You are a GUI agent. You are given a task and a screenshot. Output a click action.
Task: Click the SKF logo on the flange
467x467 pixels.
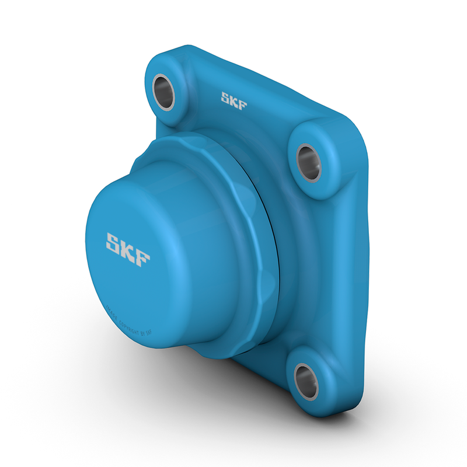(233, 100)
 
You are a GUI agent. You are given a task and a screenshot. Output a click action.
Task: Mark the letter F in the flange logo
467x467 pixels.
(242, 104)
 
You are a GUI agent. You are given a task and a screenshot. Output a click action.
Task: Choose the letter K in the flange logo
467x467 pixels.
(233, 100)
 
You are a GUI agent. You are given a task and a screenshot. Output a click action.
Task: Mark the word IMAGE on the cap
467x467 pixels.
(111, 312)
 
